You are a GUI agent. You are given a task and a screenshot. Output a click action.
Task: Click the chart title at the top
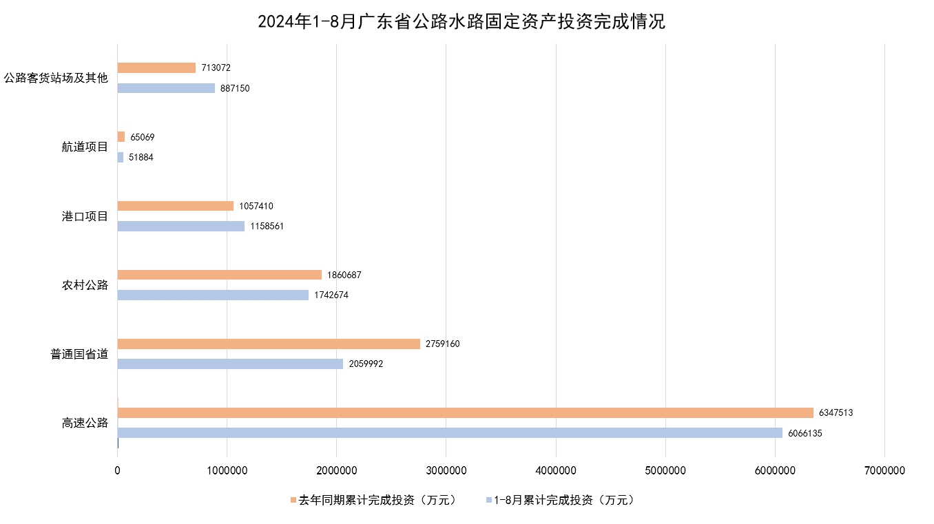pos(461,22)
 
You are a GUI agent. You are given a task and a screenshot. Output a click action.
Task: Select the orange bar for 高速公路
pos(465,413)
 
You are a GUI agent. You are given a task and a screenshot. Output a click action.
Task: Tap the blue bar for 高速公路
pos(450,433)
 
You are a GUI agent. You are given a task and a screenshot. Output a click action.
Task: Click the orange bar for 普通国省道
pos(269,344)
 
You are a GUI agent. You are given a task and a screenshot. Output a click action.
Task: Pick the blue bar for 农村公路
pos(213,295)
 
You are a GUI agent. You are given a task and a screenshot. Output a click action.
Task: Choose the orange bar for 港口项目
pos(176,206)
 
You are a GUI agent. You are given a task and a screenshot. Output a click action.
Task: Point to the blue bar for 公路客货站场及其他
pos(166,88)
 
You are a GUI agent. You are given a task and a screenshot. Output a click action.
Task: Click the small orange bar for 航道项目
pos(121,137)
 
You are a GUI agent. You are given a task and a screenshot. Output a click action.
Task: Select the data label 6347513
pos(836,413)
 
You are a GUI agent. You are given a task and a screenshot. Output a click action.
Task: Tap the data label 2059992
pos(366,364)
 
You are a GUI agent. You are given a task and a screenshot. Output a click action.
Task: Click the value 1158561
pos(267,226)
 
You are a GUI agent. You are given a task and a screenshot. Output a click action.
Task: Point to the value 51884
pos(141,158)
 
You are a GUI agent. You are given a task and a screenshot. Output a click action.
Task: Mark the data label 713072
pos(216,68)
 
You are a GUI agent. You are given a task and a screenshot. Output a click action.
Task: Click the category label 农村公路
pos(85,285)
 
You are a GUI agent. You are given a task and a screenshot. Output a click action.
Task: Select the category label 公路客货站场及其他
pos(56,78)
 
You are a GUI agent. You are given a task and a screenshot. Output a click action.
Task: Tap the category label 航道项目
pos(85,147)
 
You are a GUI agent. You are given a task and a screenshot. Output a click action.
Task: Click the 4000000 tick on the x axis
pos(556,471)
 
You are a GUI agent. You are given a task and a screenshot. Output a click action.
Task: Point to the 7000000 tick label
pos(884,471)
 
